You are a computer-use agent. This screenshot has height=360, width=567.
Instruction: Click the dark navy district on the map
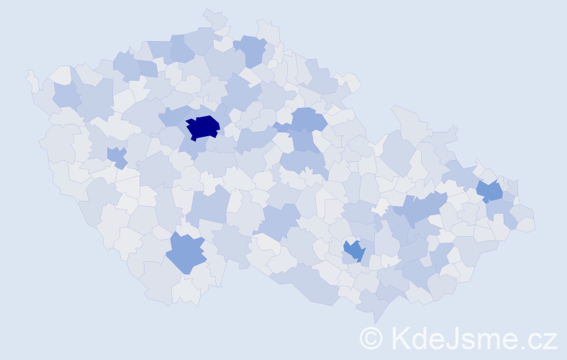click(202, 127)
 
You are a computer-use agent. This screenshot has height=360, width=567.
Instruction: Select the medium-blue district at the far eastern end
click(490, 191)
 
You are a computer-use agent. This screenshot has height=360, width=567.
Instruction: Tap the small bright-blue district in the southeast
click(354, 250)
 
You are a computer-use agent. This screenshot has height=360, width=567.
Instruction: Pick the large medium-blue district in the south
click(186, 251)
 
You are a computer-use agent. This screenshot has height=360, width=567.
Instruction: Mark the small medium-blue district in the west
click(116, 156)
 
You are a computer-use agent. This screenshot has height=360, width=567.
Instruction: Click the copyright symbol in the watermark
click(371, 337)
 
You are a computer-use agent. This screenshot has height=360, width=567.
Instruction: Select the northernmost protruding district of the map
click(214, 17)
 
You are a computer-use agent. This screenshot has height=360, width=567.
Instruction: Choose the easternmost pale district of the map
click(525, 224)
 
